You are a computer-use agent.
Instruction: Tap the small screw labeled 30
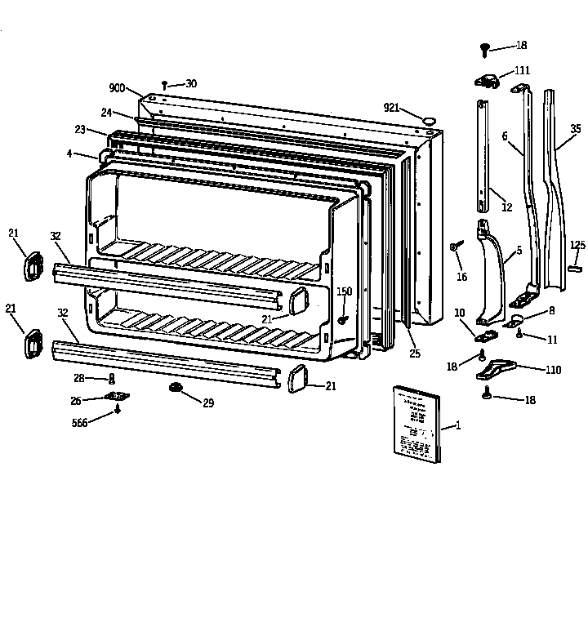(x=165, y=85)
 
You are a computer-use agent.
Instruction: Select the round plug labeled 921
(x=427, y=122)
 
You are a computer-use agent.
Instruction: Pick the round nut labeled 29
(x=175, y=387)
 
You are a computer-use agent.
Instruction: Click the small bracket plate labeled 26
(x=118, y=397)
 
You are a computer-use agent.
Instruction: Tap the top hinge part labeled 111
(x=488, y=79)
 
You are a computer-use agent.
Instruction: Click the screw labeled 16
(x=455, y=246)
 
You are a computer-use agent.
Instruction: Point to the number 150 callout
(x=344, y=291)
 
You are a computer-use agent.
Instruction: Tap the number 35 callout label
(x=576, y=129)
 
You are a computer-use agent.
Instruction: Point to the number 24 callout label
(x=107, y=113)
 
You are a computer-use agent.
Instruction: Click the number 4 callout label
(x=69, y=152)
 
